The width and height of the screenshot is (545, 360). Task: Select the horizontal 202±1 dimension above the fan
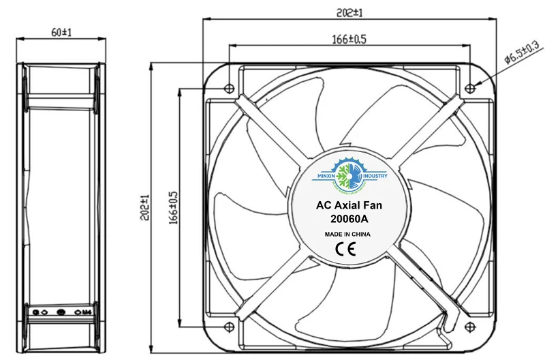click(348, 12)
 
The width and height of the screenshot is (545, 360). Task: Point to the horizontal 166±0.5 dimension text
click(349, 40)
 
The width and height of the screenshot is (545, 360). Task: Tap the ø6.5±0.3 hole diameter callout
click(522, 52)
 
